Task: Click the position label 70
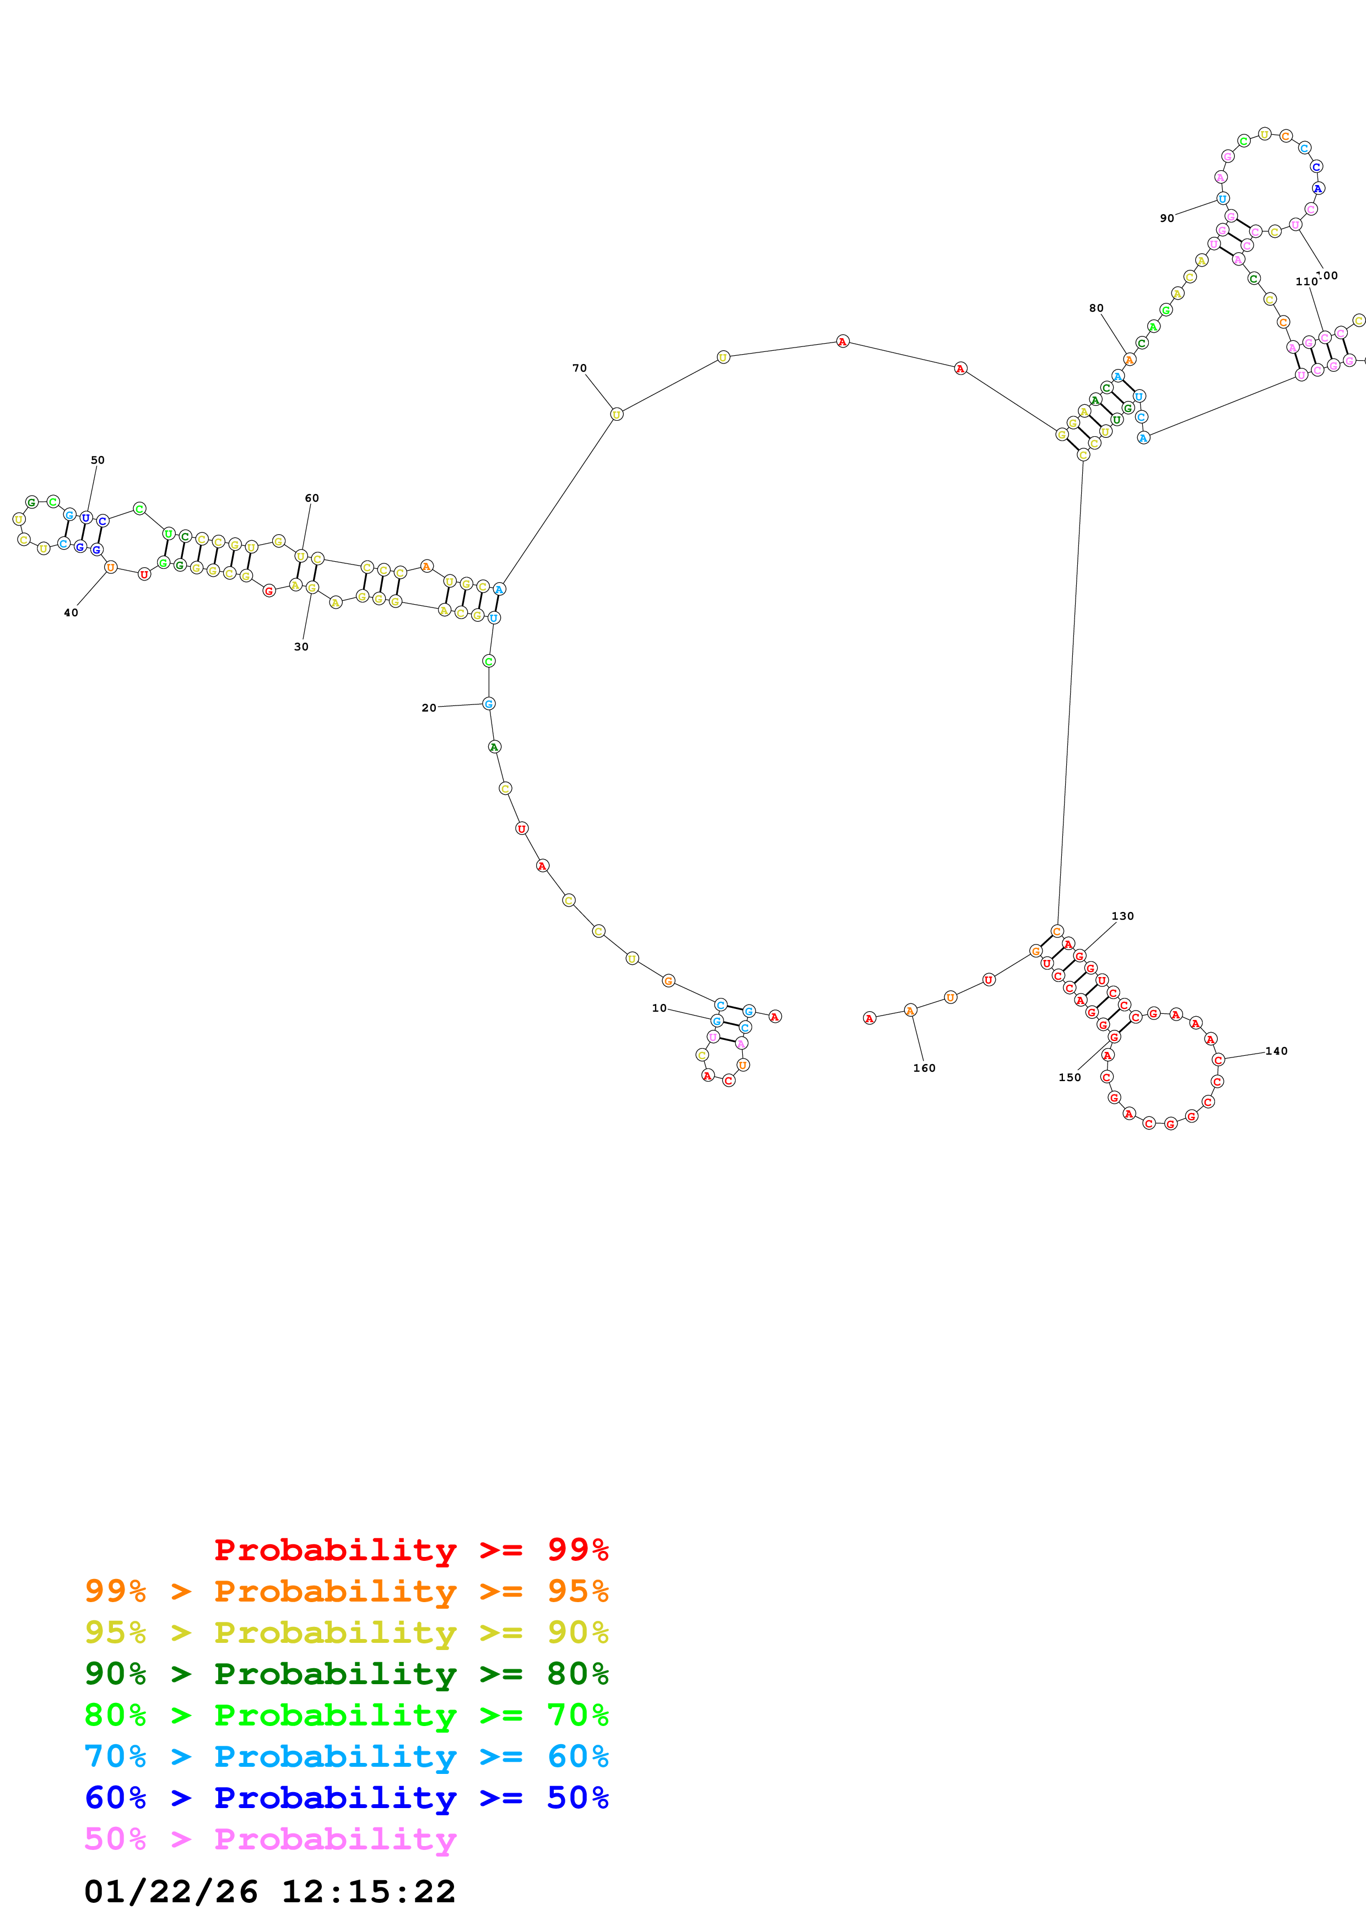(x=579, y=368)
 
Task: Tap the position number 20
(x=428, y=708)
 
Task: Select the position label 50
(x=98, y=460)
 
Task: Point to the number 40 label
(x=71, y=612)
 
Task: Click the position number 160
(x=924, y=1068)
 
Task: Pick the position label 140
(x=1276, y=1051)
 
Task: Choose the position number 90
(x=1167, y=218)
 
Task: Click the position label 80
(x=1096, y=308)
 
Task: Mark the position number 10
(x=659, y=1008)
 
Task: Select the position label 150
(x=1069, y=1077)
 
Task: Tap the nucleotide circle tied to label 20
(x=489, y=703)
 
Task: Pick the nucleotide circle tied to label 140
(x=1218, y=1060)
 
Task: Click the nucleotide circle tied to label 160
(x=910, y=1010)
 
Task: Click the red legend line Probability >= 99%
(x=411, y=1549)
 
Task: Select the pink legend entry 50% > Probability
(x=269, y=1838)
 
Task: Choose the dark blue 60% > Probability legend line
(x=346, y=1798)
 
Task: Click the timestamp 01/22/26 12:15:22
(x=269, y=1891)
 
